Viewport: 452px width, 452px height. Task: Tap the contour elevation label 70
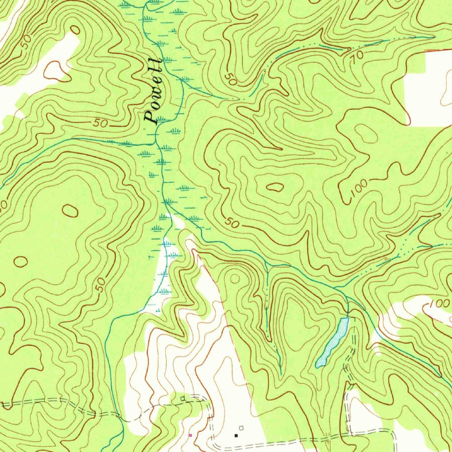pos(358,56)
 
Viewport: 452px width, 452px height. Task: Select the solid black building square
pos(236,435)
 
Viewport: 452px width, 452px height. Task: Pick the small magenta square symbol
pos(190,435)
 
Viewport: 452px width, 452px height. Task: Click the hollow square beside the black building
pos(241,428)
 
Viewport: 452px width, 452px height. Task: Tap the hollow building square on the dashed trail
pos(183,399)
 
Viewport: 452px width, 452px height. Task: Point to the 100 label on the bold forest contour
pos(359,190)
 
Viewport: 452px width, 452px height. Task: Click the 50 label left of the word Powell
pos(101,124)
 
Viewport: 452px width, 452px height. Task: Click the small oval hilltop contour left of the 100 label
pos(275,187)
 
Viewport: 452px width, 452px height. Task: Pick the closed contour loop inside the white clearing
pos(54,70)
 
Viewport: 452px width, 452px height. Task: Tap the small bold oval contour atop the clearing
pos(75,30)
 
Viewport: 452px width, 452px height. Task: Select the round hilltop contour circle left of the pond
pos(235,279)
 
